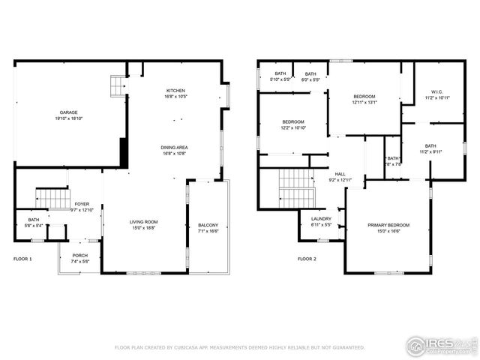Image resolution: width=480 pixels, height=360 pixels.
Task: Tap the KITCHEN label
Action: (x=175, y=91)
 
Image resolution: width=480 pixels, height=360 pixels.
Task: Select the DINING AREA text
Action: (x=174, y=147)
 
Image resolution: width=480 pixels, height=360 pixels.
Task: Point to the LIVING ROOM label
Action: (x=144, y=221)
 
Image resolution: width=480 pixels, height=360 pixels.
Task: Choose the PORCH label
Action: (x=79, y=256)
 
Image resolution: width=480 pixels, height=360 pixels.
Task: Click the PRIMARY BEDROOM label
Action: (x=388, y=225)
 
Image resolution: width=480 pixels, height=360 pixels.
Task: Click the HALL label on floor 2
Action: (x=340, y=173)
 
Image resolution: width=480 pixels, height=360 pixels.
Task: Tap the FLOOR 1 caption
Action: (x=22, y=259)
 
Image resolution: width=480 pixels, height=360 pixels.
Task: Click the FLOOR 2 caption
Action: (x=307, y=259)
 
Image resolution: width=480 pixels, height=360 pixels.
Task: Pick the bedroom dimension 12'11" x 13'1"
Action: (x=364, y=103)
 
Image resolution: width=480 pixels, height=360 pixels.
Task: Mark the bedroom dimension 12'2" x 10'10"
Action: (x=293, y=127)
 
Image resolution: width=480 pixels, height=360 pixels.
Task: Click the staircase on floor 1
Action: (x=52, y=199)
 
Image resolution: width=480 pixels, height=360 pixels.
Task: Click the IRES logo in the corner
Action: (x=442, y=344)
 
